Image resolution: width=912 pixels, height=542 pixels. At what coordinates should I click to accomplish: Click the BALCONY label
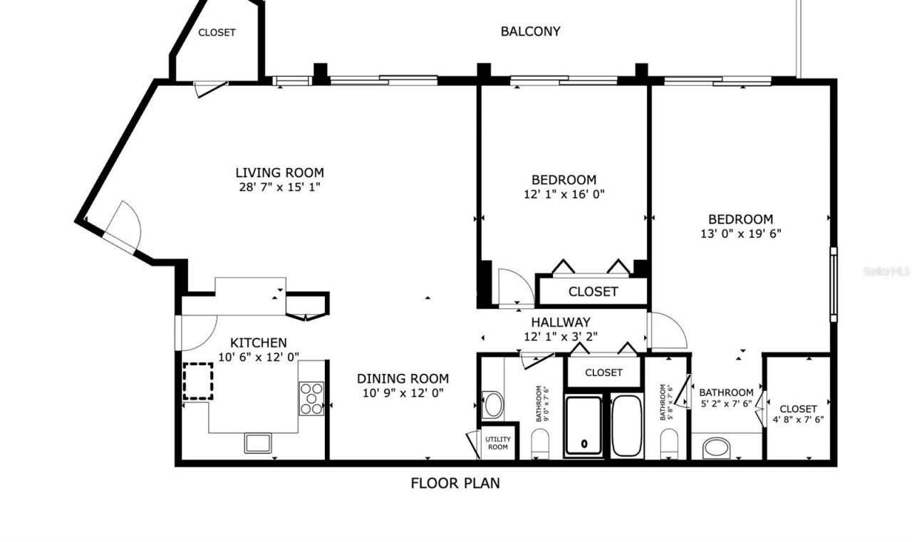(x=530, y=31)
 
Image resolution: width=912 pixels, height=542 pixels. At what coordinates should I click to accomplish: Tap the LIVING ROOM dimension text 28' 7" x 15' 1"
(x=279, y=187)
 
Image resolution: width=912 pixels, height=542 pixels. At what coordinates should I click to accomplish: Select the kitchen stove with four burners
(x=311, y=398)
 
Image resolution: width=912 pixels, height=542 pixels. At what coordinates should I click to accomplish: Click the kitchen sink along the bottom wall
(x=259, y=442)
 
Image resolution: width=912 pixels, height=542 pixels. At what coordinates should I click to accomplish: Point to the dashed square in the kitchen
(x=198, y=380)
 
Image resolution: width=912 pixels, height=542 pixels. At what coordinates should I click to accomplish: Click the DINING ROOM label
(x=403, y=378)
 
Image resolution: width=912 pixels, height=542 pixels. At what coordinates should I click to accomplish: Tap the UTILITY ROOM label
(x=497, y=442)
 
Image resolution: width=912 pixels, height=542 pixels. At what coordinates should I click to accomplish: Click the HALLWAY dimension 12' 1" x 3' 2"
(x=560, y=337)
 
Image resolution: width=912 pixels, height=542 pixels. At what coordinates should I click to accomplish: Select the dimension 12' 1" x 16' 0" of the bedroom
(x=564, y=194)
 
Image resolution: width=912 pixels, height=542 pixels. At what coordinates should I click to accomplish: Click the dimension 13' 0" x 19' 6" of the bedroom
(x=740, y=234)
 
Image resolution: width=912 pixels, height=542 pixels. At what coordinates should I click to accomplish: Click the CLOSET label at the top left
(x=217, y=33)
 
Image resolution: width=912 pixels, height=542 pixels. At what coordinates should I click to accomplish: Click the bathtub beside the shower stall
(x=627, y=425)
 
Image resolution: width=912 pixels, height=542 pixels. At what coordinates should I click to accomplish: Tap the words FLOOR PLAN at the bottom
(x=455, y=484)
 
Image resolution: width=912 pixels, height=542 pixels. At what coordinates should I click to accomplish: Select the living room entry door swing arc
(x=125, y=224)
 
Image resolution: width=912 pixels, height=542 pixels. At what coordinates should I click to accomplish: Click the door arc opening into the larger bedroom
(x=668, y=332)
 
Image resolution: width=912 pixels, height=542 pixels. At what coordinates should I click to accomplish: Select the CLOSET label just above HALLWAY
(x=593, y=292)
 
